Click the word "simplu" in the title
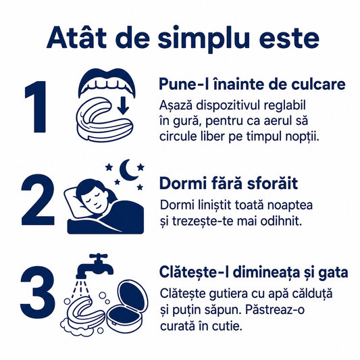point(204,38)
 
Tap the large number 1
point(36,106)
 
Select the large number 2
point(38,199)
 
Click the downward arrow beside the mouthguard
point(124,105)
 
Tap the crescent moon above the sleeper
point(128,170)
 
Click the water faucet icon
point(95,265)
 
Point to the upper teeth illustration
point(107,83)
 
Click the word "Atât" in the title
point(76,37)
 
